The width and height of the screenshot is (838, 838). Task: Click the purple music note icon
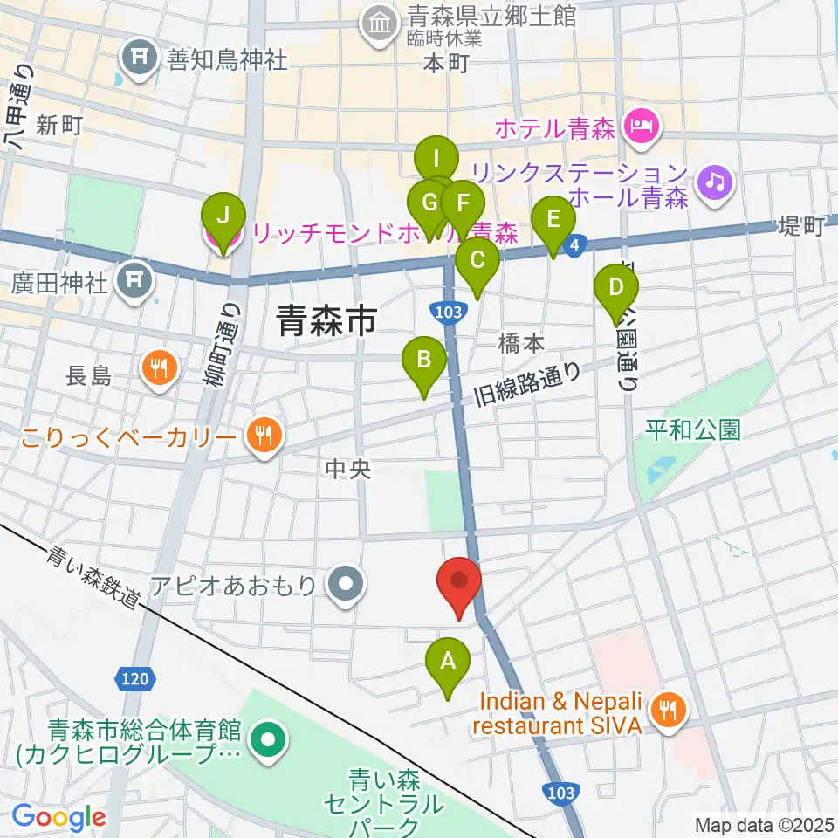[716, 182]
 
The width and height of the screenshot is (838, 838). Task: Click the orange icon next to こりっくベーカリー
[261, 436]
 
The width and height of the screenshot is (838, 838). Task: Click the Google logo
[58, 817]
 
